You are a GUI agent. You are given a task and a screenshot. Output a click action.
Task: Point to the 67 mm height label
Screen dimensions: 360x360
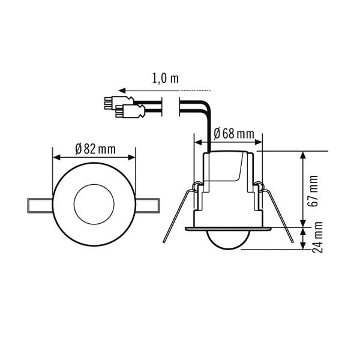(313, 191)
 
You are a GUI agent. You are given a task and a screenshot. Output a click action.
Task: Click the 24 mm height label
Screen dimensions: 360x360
(319, 239)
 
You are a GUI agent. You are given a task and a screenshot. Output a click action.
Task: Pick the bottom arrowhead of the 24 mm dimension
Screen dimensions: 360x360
(304, 248)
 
